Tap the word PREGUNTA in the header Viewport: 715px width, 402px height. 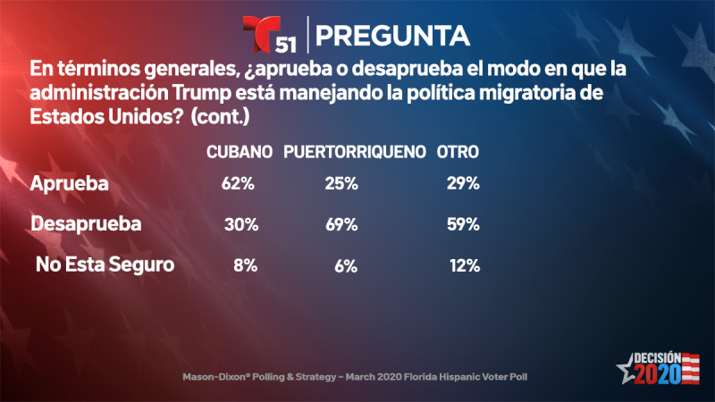393,35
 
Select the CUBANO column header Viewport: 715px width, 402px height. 240,153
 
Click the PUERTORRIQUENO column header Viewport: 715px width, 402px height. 354,153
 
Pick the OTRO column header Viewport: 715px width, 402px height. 458,153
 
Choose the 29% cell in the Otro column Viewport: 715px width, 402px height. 463,185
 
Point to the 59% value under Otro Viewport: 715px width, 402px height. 463,225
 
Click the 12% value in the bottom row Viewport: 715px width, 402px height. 465,265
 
